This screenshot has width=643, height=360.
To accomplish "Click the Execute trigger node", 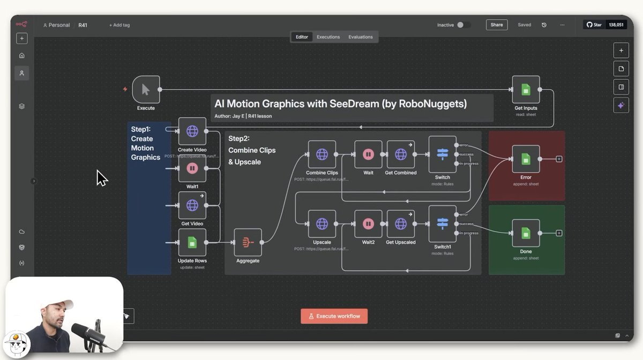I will [x=146, y=89].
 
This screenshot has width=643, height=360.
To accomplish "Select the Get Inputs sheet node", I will [x=526, y=89].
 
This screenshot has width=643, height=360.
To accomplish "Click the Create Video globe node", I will [x=192, y=131].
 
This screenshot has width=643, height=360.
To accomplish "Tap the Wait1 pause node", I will [x=192, y=168].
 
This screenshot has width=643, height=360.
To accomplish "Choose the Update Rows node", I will [x=192, y=243].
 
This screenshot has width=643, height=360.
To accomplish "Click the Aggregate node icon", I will [x=248, y=242].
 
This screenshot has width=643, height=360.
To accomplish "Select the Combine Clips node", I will [x=322, y=154].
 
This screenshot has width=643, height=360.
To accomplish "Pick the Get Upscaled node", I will [x=400, y=223].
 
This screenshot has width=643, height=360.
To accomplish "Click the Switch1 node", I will [x=442, y=223].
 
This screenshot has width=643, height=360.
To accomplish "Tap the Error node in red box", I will [x=526, y=159].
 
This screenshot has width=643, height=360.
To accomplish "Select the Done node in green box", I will [x=526, y=233].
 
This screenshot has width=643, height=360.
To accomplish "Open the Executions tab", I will [x=328, y=37].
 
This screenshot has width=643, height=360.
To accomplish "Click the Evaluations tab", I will [x=360, y=37].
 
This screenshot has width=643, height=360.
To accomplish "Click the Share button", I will [x=496, y=25].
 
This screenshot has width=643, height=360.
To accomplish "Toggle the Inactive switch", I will [x=463, y=25].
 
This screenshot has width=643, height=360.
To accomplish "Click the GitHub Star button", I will [x=594, y=25].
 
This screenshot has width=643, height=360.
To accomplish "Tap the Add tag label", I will [x=119, y=25].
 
